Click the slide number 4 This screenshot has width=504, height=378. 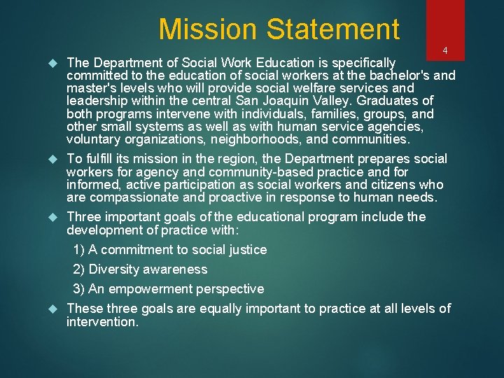click(445, 51)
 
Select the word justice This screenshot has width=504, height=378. click(248, 250)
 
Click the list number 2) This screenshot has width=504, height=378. click(78, 269)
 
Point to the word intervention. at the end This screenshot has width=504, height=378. click(102, 322)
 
